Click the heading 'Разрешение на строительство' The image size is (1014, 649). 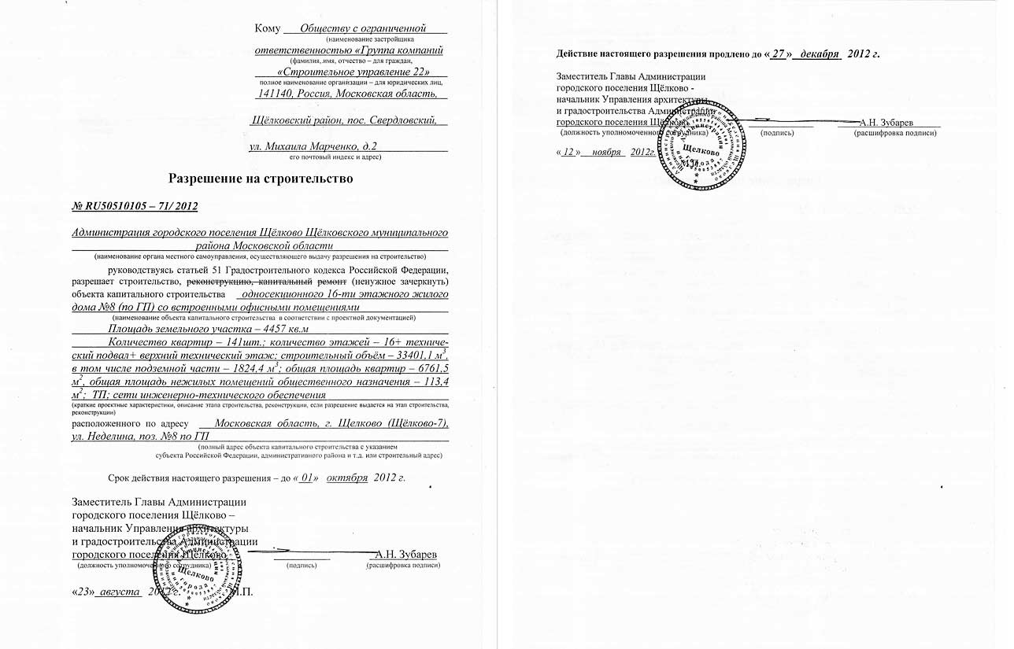pyautogui.click(x=261, y=179)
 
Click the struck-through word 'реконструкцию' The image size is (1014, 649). pyautogui.click(x=219, y=281)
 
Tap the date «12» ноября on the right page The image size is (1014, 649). pyautogui.click(x=590, y=152)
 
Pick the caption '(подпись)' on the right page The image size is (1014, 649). pyautogui.click(x=777, y=133)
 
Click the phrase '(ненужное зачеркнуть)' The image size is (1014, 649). pyautogui.click(x=400, y=281)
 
